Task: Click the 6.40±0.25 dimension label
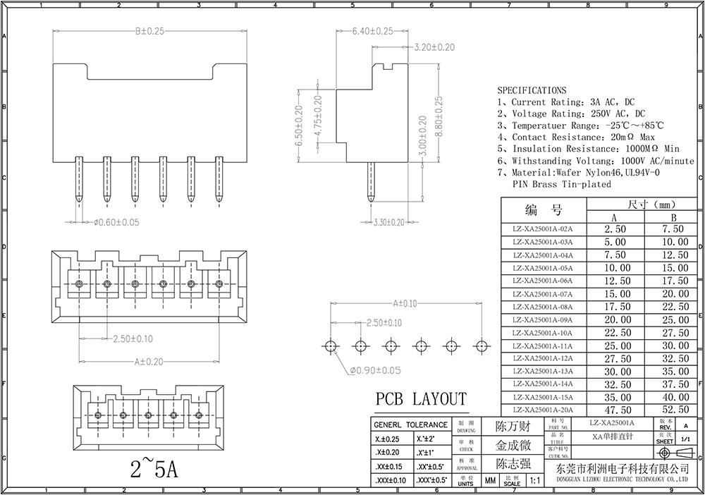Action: tap(373, 31)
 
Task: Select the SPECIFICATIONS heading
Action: tap(532, 90)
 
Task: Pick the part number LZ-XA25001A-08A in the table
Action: tap(543, 307)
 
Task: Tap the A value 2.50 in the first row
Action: tap(615, 229)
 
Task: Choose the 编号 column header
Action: tap(543, 210)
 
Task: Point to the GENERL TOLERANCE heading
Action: tap(410, 424)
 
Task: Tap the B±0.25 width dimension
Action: tap(149, 31)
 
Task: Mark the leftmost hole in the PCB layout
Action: tap(331, 346)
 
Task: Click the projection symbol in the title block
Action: tap(671, 453)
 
